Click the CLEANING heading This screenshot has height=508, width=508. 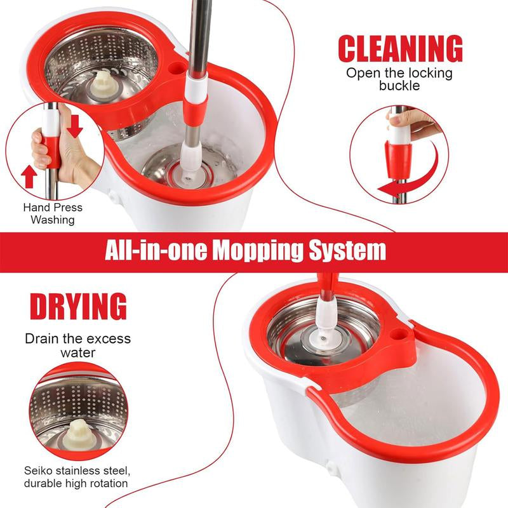pos(399,50)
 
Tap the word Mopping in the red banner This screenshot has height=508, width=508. pos(259,250)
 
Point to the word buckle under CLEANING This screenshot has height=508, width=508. pos(399,86)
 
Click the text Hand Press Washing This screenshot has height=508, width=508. pos(53,213)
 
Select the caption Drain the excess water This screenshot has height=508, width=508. pos(77,345)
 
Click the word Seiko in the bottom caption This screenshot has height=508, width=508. pos(41,470)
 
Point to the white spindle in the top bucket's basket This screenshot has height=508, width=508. pos(102,82)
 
